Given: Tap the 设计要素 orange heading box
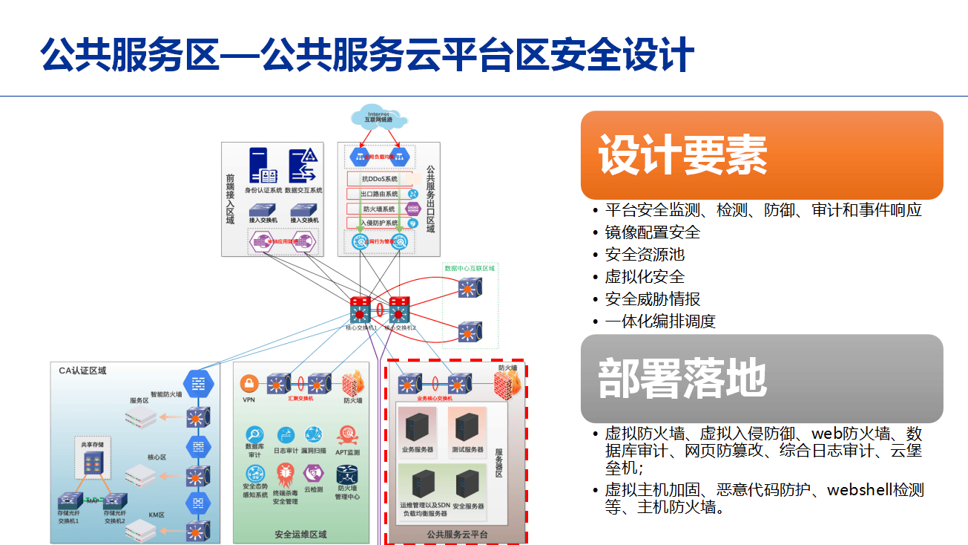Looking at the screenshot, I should point(761,154).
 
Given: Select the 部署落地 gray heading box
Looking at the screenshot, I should point(761,378).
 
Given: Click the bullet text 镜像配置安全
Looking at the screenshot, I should point(653,232).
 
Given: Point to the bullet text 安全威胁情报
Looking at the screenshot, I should point(653,299).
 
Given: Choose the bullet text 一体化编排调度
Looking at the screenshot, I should point(660,322).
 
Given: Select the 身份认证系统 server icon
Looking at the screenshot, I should point(263,166).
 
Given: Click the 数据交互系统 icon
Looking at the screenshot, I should point(303,166).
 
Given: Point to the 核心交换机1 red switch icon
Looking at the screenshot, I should point(360,309).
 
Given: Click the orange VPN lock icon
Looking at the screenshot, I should point(248,383).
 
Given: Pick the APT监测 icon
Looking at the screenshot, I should point(347,435).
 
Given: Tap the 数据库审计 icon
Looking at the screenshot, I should point(254,434).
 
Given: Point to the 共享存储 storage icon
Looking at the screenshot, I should point(93,464).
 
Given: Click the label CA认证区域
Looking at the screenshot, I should point(82,370).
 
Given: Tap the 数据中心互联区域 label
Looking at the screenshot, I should point(469,267).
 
